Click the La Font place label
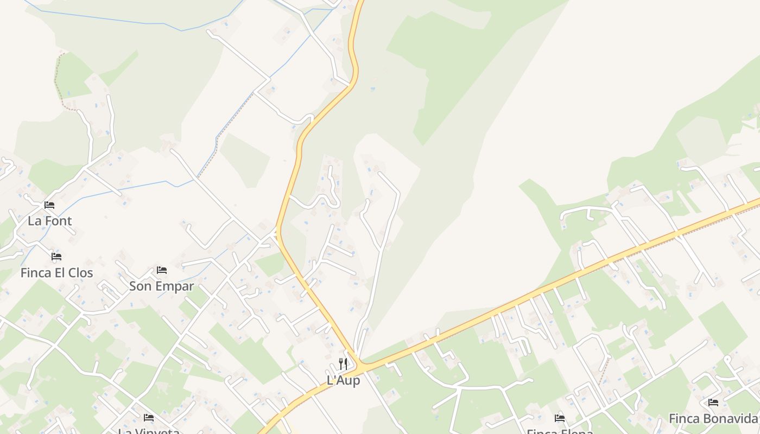(x=50, y=221)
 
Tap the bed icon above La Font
(x=49, y=205)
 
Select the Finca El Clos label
(x=57, y=273)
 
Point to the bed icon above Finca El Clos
(x=56, y=257)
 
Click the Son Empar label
(x=161, y=286)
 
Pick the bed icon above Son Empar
(x=161, y=270)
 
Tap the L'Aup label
(x=343, y=381)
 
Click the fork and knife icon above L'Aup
(x=343, y=364)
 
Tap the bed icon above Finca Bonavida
(x=713, y=403)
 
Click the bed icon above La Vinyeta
(x=149, y=418)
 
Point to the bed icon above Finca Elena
(x=560, y=418)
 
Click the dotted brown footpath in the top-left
(x=57, y=81)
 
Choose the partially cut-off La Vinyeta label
(x=149, y=431)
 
